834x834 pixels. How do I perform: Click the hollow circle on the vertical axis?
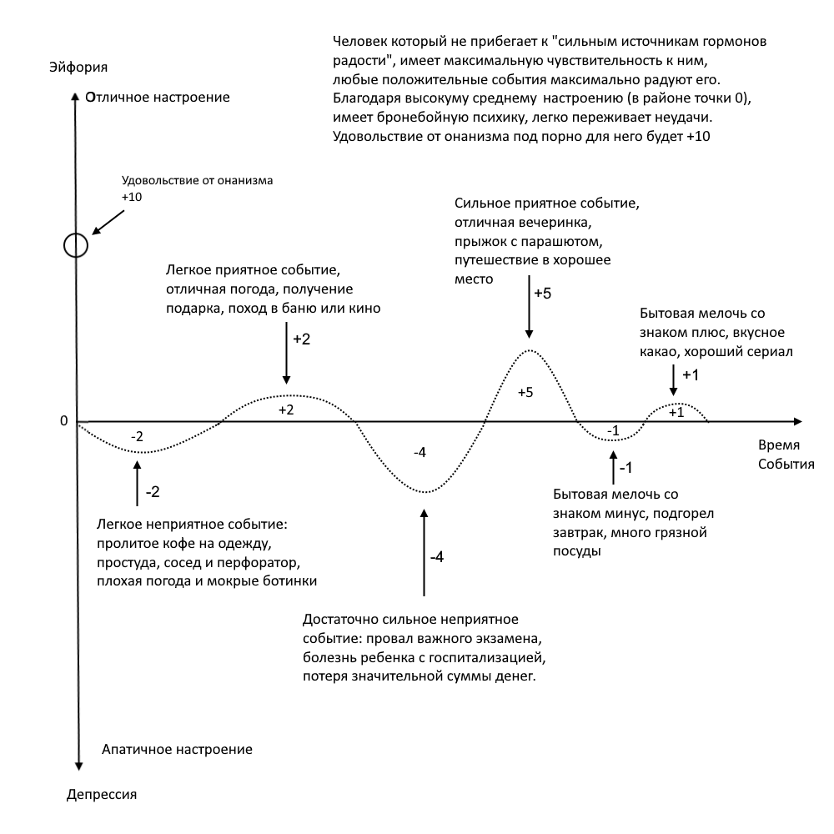(75, 244)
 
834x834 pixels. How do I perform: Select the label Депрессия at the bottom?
(101, 794)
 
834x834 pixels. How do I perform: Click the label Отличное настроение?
(158, 98)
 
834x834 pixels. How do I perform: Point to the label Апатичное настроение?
(176, 749)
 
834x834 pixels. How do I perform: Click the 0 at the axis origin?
(63, 421)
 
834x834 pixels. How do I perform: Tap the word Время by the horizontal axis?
(776, 445)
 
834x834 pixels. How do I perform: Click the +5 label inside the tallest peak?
(525, 393)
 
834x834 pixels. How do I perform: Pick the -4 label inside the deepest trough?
(420, 452)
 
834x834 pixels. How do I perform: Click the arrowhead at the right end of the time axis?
(796, 422)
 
